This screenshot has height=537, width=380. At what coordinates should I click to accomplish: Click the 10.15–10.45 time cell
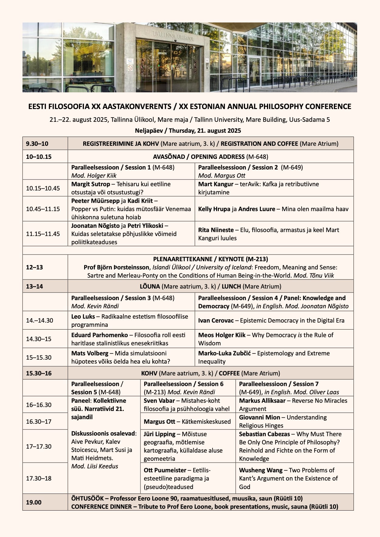click(43, 188)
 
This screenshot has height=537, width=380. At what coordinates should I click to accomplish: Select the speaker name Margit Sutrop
click(91, 184)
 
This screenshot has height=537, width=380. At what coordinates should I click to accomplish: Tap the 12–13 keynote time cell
click(34, 267)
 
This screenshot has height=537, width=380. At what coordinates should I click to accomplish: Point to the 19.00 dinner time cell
click(34, 502)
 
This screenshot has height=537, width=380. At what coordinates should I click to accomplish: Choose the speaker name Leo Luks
click(83, 316)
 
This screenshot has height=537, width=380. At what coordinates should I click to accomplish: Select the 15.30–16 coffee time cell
click(39, 373)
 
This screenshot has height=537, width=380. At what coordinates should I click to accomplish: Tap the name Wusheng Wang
click(261, 470)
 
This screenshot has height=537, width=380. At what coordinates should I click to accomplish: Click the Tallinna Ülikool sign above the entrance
click(173, 36)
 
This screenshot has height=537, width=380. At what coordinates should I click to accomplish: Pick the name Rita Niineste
click(216, 230)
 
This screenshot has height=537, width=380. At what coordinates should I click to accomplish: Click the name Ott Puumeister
click(165, 470)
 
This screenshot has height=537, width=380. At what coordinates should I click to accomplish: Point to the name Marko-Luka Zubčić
click(224, 353)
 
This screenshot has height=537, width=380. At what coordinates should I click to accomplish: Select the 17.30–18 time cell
click(39, 478)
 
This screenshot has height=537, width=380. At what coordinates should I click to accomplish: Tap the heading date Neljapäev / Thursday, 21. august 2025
click(188, 131)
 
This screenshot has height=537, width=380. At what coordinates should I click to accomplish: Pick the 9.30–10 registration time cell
click(37, 144)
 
